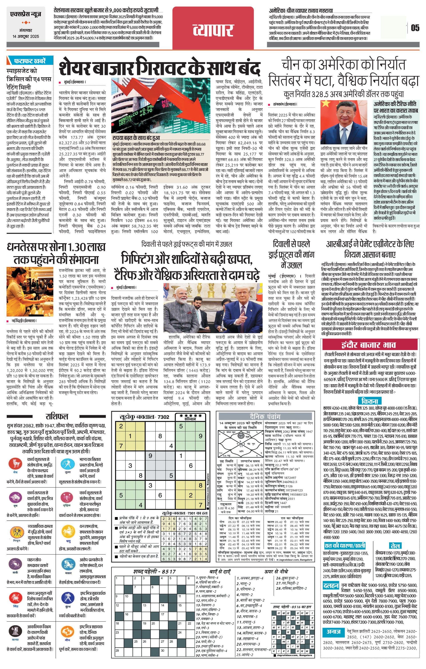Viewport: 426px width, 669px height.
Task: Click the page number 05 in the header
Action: click(x=415, y=28)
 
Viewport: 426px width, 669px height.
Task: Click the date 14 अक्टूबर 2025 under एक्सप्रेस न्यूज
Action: click(x=26, y=36)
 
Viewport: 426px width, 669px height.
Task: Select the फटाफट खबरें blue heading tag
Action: click(x=30, y=61)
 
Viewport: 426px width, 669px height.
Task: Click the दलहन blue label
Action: click(x=331, y=586)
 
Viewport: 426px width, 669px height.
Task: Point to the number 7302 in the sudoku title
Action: click(x=163, y=417)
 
